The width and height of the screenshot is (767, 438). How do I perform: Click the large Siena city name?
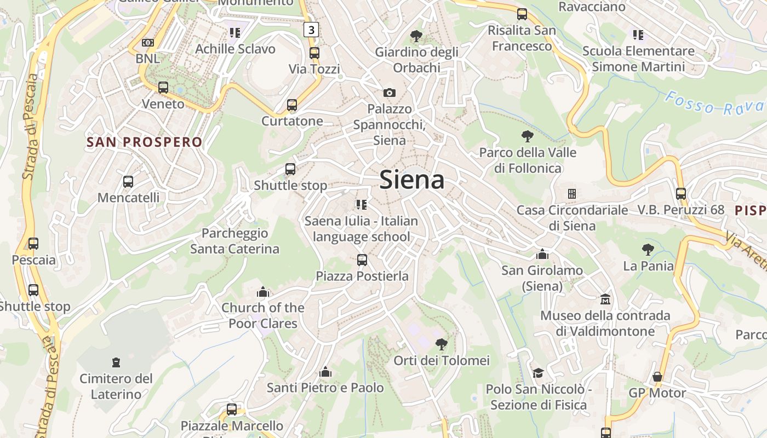[x=411, y=180]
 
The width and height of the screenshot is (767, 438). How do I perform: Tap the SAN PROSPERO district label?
[x=145, y=142]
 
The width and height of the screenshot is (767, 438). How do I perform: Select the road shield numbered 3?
[x=311, y=30]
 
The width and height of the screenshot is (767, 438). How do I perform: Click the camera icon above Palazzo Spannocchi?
[x=390, y=93]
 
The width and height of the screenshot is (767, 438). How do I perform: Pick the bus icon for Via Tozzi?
[x=314, y=53]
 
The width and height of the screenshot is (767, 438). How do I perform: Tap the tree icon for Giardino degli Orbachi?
[x=416, y=36]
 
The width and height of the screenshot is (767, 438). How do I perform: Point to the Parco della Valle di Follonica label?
[x=528, y=160]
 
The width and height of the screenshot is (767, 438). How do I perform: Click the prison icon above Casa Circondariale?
[x=572, y=194]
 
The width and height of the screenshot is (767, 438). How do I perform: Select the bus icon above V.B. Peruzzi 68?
[x=681, y=193]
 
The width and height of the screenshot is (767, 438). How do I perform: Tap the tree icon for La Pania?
[x=648, y=250]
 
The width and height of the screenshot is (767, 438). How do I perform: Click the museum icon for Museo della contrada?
[x=605, y=299]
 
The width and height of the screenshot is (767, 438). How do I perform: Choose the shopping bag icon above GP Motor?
[x=657, y=377]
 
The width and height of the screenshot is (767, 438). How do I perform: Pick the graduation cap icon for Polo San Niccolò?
[x=538, y=373]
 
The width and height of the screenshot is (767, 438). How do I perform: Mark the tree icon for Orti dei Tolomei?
[x=441, y=344]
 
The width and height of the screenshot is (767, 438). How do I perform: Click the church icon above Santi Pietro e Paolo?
[x=325, y=372]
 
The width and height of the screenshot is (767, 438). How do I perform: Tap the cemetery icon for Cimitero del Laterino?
[x=116, y=362]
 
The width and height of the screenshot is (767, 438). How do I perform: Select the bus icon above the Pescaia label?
[x=33, y=244]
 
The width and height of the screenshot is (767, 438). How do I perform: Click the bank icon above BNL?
[x=147, y=43]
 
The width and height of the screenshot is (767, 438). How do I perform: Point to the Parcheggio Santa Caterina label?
[x=234, y=241]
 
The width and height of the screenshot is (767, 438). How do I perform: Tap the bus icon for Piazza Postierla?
[x=362, y=260]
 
